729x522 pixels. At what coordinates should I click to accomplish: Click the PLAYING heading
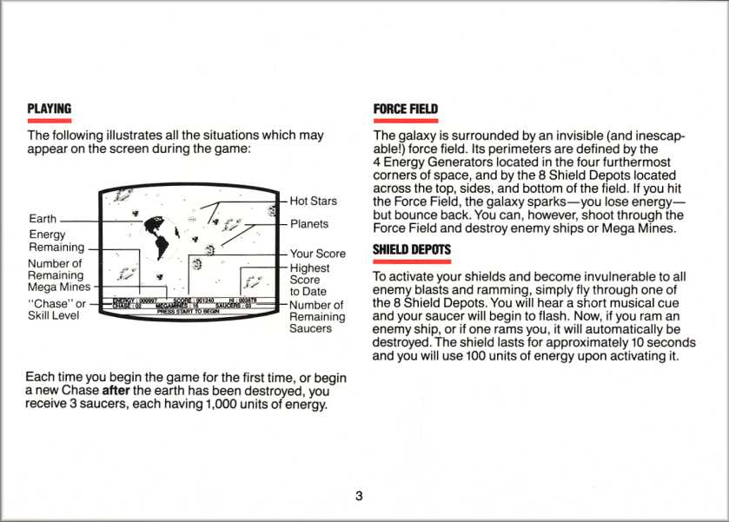click(x=49, y=109)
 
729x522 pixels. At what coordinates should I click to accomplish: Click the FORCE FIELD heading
click(x=405, y=109)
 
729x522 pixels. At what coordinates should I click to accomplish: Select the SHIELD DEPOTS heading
click(x=411, y=250)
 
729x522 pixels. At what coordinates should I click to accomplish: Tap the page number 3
click(x=359, y=496)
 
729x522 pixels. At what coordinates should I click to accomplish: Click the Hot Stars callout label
click(x=313, y=201)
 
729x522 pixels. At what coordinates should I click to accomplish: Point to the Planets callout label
click(x=309, y=224)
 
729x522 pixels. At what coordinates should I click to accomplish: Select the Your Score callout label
click(x=317, y=254)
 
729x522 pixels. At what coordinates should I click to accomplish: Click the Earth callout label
click(x=43, y=219)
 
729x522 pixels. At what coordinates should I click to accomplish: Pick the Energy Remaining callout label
click(x=56, y=241)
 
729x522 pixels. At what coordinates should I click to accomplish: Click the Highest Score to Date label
click(x=309, y=280)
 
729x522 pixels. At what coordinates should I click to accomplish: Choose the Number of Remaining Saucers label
click(x=316, y=317)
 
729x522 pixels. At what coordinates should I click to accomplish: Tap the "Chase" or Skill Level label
click(x=56, y=310)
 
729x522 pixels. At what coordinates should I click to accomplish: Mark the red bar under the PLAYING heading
click(x=49, y=121)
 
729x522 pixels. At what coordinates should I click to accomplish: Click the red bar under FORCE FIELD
click(x=405, y=121)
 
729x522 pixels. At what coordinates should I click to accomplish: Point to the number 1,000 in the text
click(x=223, y=406)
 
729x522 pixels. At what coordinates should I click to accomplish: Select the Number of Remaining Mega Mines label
click(x=58, y=275)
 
